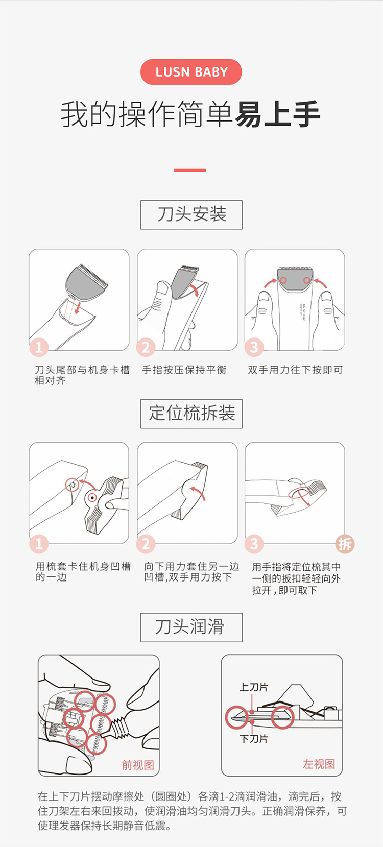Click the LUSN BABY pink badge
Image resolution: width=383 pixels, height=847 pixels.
click(191, 72)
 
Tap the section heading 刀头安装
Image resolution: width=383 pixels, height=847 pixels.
click(192, 214)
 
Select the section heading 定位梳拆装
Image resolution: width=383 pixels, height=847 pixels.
click(192, 414)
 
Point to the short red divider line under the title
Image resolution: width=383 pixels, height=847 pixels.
click(190, 170)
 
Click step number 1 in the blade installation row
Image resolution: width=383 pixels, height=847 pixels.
click(39, 347)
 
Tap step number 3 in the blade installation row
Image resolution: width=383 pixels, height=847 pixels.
click(254, 347)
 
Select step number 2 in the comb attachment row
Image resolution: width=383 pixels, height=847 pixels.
click(146, 544)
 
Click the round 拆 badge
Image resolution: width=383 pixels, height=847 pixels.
click(344, 544)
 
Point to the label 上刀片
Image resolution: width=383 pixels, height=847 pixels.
click(253, 687)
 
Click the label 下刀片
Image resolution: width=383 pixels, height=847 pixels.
click(253, 738)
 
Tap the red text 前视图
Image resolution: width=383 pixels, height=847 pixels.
click(137, 765)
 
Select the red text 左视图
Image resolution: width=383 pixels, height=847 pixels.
click(319, 764)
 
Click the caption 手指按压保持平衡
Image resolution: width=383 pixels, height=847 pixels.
click(184, 370)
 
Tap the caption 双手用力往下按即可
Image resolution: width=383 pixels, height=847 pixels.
click(295, 370)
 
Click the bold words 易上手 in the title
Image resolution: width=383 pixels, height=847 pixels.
click(277, 114)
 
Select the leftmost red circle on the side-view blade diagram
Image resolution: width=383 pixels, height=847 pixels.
click(237, 717)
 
